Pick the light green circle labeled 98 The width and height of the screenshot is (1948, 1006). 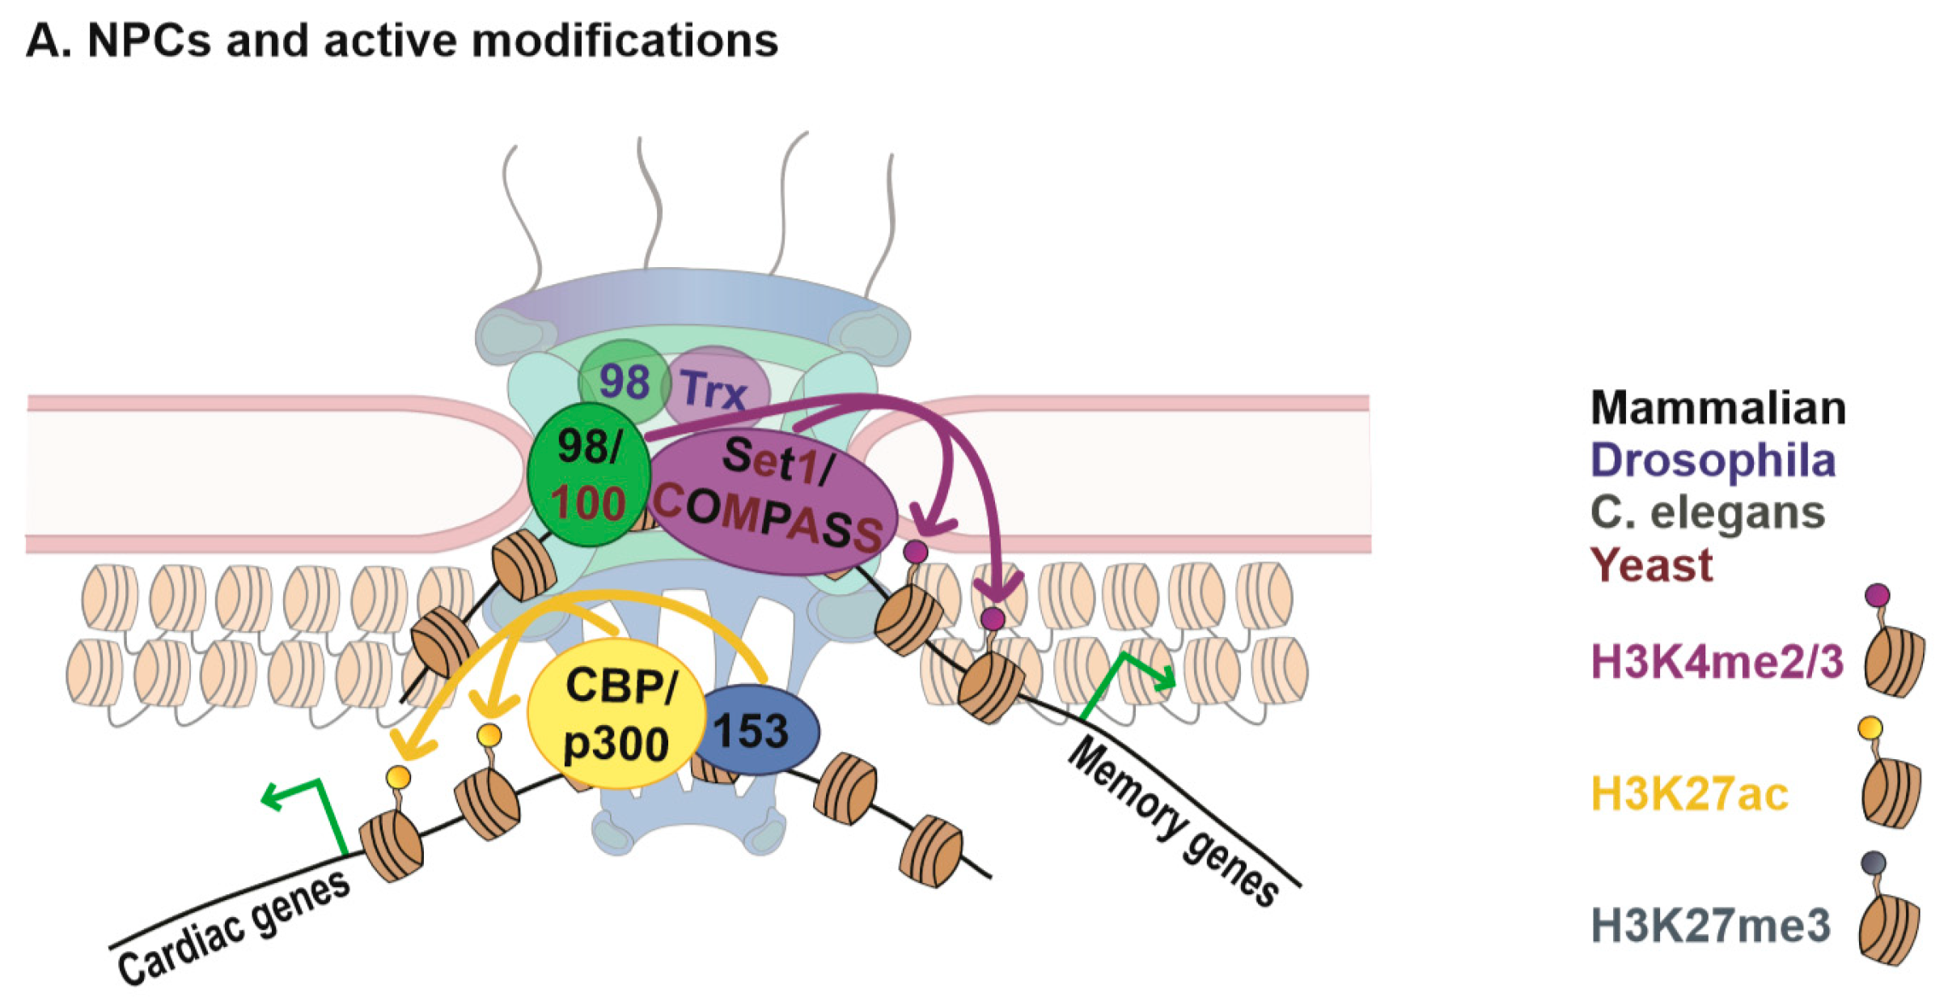(x=623, y=380)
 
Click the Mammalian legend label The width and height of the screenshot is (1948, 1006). (x=1717, y=407)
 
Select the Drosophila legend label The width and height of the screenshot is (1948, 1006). (x=1713, y=460)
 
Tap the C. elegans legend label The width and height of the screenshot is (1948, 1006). (x=1707, y=512)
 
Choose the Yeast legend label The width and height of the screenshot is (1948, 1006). (x=1650, y=565)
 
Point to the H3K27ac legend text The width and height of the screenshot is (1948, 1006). (x=1689, y=794)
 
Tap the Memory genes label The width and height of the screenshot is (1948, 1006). (x=1173, y=821)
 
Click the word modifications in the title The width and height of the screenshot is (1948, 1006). (x=625, y=40)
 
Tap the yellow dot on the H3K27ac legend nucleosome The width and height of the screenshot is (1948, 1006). (x=1870, y=728)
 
